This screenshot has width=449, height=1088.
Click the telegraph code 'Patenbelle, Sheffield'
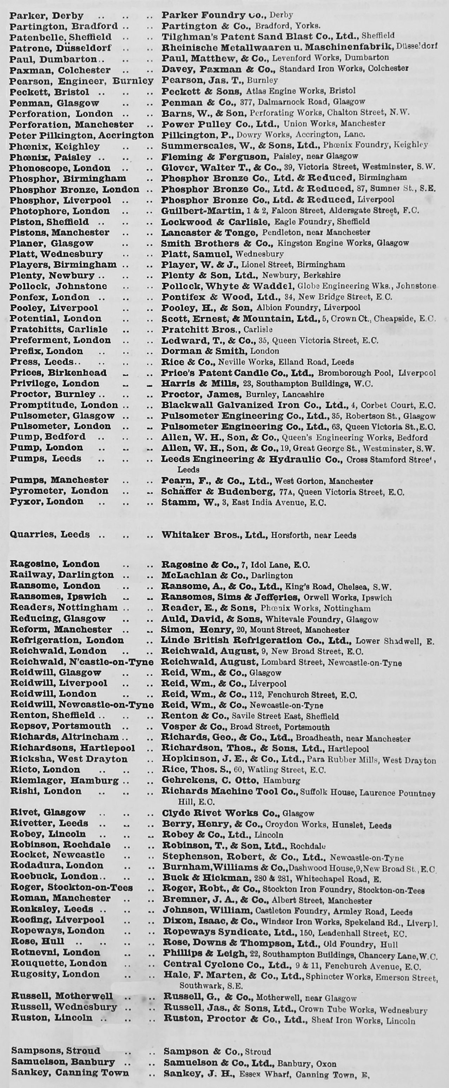coord(60,37)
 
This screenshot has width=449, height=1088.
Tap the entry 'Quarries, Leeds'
coord(50,534)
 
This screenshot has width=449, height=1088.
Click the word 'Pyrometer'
coord(38,491)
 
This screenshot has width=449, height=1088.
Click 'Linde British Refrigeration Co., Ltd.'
coord(256,640)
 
